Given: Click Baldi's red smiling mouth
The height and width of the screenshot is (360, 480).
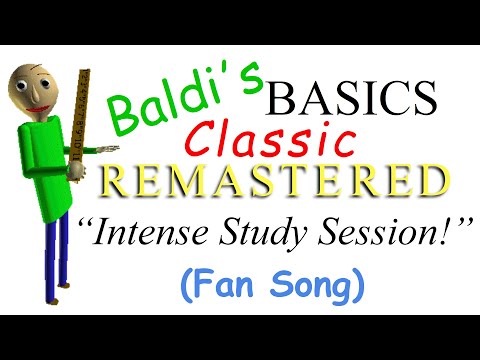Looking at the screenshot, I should [38, 106].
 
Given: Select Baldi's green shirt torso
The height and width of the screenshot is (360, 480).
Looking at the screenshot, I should [45, 170].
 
